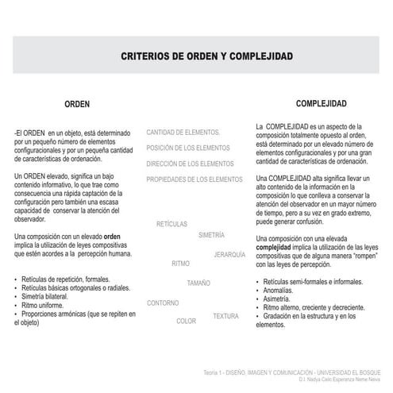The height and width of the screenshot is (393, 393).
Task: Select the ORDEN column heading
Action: click(76, 104)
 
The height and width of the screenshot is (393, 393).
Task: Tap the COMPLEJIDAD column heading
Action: click(321, 104)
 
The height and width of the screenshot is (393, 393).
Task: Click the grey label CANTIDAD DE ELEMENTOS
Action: click(183, 132)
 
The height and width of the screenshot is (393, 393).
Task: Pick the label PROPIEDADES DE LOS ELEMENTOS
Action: click(195, 179)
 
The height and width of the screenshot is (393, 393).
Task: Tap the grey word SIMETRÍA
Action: click(211, 236)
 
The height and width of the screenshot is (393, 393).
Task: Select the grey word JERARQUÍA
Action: click(229, 255)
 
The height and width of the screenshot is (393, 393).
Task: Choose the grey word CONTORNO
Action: click(163, 303)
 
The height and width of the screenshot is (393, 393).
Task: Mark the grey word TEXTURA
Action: click(225, 316)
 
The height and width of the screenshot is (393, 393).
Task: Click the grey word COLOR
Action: click(186, 321)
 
